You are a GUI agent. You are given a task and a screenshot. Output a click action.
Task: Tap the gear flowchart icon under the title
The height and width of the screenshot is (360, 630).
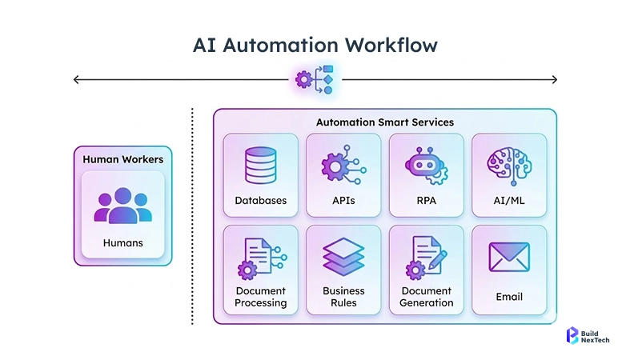315,79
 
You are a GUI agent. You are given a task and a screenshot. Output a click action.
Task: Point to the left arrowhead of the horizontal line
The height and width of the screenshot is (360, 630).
75,79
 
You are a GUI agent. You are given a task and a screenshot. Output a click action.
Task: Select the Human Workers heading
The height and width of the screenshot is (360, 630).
122,159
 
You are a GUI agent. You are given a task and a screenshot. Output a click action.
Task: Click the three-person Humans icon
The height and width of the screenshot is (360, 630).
122,205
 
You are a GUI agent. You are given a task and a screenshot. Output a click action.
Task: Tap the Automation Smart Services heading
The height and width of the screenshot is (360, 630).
384,122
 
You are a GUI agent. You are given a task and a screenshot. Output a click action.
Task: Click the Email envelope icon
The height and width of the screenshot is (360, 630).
509,258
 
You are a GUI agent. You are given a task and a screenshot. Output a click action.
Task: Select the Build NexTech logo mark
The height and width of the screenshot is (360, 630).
572,336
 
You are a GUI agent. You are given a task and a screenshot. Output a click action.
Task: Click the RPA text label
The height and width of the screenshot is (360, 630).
427,201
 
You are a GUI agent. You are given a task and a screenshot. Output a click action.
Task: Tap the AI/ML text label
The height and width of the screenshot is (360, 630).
509,201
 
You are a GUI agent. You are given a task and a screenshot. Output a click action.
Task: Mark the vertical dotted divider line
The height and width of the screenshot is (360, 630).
193,216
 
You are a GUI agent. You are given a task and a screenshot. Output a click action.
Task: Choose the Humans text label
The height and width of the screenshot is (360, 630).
122,242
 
